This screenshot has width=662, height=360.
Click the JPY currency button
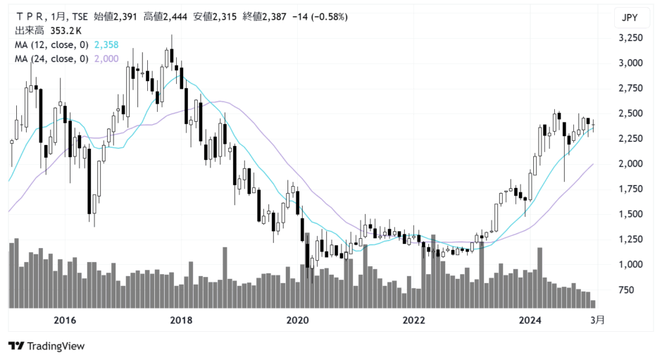[630, 18]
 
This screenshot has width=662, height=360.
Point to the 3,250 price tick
[630, 37]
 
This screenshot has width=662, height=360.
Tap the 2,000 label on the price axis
[630, 163]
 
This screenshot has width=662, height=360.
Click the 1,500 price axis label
[630, 213]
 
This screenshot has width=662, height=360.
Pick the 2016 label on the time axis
[65, 320]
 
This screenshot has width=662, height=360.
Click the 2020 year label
[297, 320]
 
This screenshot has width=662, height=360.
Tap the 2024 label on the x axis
[530, 320]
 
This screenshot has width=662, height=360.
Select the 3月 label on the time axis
[597, 320]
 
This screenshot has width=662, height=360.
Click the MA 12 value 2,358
[106, 45]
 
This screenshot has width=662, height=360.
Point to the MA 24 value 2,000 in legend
[106, 58]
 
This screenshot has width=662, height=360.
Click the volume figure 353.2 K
[66, 31]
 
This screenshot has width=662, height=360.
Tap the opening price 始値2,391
[115, 17]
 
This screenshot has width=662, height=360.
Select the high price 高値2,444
[165, 17]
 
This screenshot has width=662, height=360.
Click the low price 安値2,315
[215, 17]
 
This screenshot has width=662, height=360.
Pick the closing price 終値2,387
[265, 17]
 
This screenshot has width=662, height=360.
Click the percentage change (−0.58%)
[330, 17]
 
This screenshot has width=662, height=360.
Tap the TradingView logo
[46, 346]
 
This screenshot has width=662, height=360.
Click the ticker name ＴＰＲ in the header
[30, 17]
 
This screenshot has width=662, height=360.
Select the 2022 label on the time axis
[413, 320]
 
